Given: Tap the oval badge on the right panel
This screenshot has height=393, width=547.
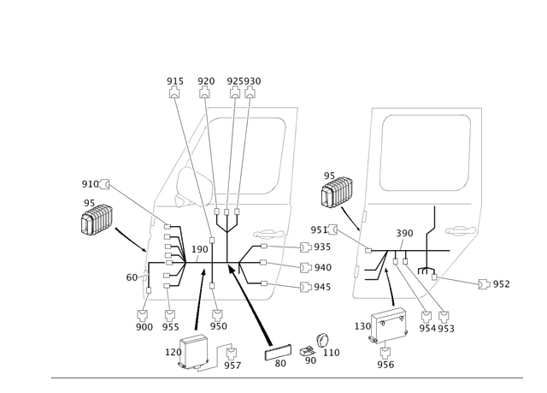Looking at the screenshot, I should [x=464, y=230].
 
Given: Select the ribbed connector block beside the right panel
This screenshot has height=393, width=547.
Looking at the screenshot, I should [x=337, y=191].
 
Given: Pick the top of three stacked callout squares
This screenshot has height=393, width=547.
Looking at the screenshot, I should [x=305, y=247].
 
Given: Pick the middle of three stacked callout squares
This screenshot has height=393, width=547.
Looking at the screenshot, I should [x=305, y=266].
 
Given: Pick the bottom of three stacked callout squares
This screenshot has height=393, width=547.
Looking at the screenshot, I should [x=305, y=286].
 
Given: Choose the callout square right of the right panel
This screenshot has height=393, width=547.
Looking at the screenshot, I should [x=485, y=283].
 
